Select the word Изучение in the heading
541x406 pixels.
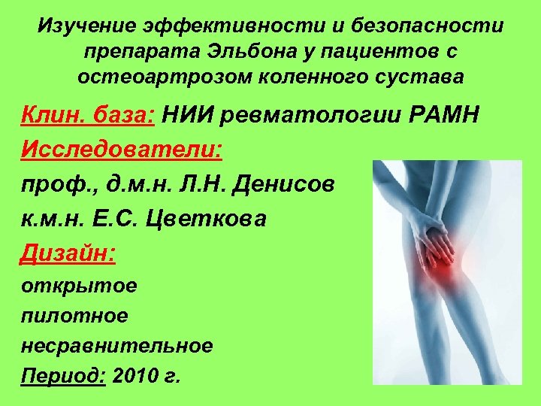pyautogui.click(x=87, y=28)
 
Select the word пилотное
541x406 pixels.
pyautogui.click(x=74, y=316)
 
